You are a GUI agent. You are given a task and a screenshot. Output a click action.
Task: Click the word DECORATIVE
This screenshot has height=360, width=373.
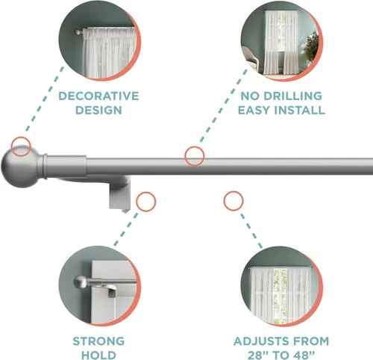98,96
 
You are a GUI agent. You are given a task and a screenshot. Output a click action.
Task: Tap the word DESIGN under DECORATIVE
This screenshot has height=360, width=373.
98,110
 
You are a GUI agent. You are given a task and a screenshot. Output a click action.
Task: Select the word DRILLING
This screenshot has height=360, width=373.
292,96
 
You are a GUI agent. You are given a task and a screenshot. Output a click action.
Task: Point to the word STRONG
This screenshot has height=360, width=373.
98,341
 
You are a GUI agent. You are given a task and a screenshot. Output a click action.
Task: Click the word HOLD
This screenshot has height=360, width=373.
98,355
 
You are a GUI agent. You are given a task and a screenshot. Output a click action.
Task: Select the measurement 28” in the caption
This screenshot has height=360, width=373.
258,355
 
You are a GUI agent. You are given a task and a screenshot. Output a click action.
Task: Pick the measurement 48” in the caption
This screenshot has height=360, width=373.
305,355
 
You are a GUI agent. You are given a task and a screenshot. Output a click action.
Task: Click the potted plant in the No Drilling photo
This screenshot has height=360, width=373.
312,47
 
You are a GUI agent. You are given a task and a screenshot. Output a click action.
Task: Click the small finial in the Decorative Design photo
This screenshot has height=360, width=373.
78,32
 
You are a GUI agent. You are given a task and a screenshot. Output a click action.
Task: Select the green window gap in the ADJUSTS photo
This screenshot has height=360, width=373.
280,295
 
